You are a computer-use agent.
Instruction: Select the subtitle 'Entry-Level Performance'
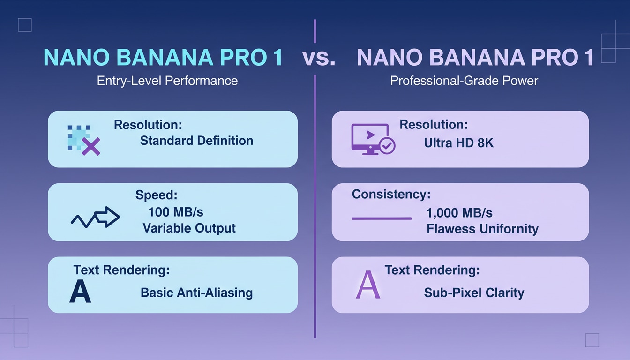tap(167, 81)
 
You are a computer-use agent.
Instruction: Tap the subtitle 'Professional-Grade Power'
tap(464, 81)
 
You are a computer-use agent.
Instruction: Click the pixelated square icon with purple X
tap(83, 140)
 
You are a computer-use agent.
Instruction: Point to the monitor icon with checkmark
tap(373, 139)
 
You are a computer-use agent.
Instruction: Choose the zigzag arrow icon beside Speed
tap(96, 217)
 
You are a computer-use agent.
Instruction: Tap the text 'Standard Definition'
tap(196, 141)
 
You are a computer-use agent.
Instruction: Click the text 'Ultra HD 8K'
tap(459, 142)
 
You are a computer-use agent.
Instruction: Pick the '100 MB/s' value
tap(176, 212)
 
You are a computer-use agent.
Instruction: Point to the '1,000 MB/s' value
tap(459, 213)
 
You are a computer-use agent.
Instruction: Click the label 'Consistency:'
tap(391, 194)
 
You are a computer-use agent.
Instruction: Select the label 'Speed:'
tap(157, 195)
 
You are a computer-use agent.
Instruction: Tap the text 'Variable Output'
tap(189, 228)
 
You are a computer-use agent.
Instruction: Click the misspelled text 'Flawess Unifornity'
tap(482, 229)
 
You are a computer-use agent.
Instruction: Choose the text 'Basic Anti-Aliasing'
tap(196, 293)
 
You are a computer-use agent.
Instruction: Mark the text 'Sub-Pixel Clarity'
tap(474, 293)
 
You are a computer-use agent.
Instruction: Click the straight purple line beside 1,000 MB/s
tap(382, 218)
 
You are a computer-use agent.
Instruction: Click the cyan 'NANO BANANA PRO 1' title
tap(163, 58)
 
